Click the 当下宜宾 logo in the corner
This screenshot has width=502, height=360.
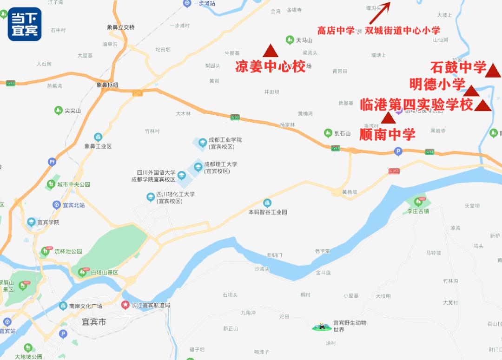click(x=25, y=24)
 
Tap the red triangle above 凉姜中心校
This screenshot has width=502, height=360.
click(x=270, y=51)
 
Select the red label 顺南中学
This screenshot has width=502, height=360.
click(x=387, y=135)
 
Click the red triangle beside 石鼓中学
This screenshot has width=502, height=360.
click(x=493, y=71)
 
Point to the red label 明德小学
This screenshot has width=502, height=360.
click(x=437, y=84)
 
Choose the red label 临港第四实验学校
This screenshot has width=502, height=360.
click(x=416, y=105)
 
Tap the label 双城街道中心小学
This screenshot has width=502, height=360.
click(x=402, y=31)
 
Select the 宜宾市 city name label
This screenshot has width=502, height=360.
click(x=93, y=321)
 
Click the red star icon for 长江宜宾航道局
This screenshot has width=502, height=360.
click(x=125, y=305)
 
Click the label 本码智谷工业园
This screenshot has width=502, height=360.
click(x=268, y=212)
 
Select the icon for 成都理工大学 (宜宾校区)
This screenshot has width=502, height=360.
click(x=198, y=167)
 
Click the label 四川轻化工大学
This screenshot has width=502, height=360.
click(x=175, y=194)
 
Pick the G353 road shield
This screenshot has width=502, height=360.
click(x=394, y=171)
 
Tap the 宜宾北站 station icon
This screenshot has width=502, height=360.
click(x=57, y=205)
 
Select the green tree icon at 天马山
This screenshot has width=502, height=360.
click(x=290, y=40)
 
